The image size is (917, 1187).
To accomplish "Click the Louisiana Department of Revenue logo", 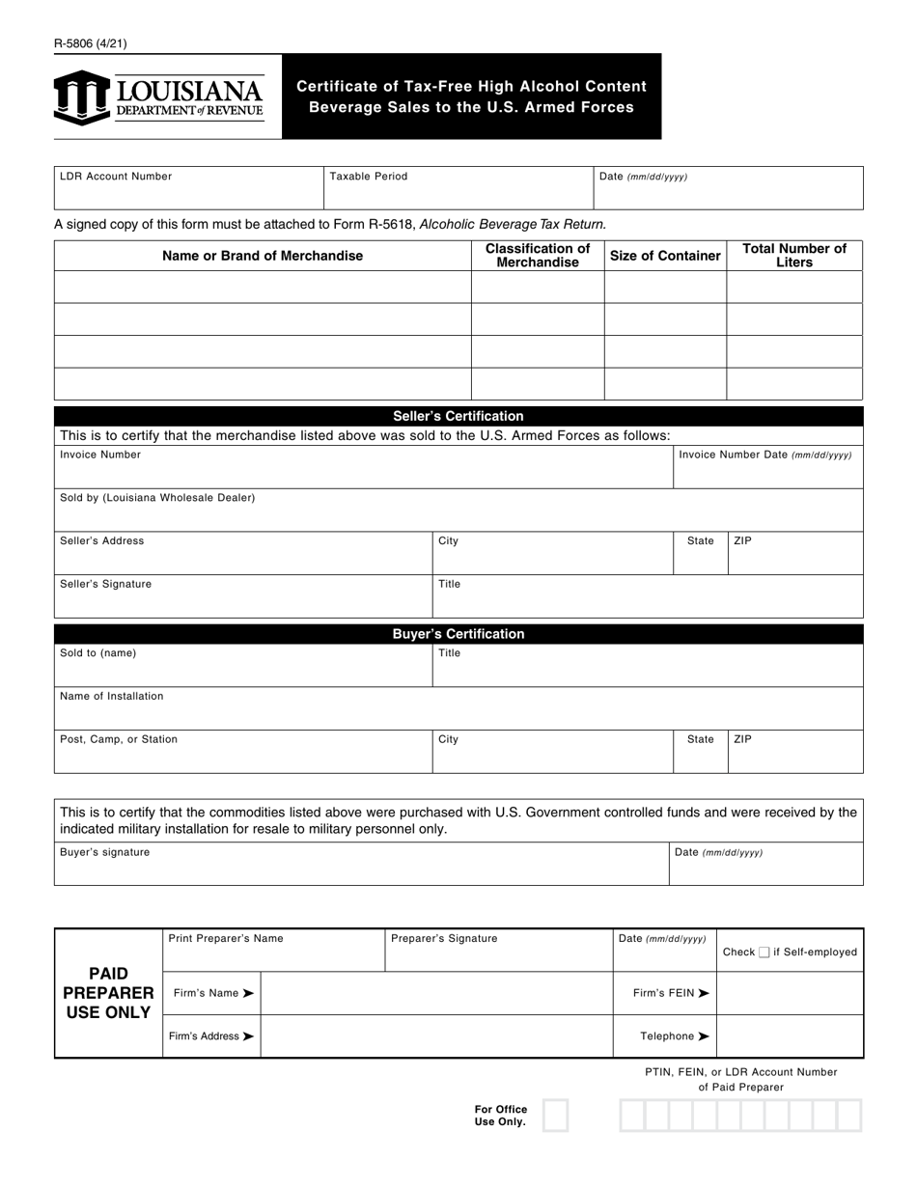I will click(x=158, y=97).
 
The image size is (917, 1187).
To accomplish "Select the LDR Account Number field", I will click(x=188, y=188).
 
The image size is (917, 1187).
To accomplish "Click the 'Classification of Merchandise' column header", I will click(x=537, y=256).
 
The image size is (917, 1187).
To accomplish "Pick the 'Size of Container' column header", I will click(x=665, y=256).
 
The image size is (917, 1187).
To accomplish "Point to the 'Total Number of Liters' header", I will click(x=793, y=256).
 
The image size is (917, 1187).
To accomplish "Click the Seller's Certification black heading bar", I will click(x=458, y=416).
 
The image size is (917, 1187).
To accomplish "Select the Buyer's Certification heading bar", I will click(x=458, y=634).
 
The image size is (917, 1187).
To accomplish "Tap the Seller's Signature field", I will click(x=242, y=597).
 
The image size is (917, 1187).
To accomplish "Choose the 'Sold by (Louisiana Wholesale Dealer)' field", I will click(x=458, y=511).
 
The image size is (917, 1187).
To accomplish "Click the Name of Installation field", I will click(x=458, y=709).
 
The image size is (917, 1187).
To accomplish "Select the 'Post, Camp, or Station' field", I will click(x=242, y=753).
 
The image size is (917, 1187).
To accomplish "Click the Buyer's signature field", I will click(x=361, y=865).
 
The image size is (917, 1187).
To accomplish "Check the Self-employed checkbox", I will click(x=764, y=952).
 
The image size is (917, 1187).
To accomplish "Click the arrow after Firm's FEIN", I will click(x=704, y=993).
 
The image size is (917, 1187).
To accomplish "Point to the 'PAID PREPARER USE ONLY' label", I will click(x=108, y=993).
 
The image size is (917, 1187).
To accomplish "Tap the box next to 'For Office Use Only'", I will click(x=556, y=1116).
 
